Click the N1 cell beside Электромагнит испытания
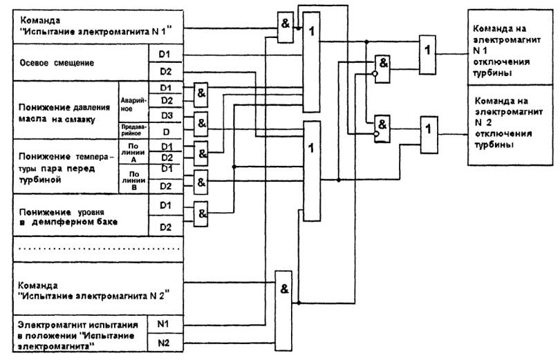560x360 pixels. click(167, 323)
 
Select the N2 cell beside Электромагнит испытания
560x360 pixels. click(167, 342)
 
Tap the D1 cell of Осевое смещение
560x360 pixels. click(167, 54)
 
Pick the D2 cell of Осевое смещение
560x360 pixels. click(167, 71)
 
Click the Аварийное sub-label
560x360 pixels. click(130, 101)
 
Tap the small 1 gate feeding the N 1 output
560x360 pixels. click(429, 51)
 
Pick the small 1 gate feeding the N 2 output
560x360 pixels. click(429, 129)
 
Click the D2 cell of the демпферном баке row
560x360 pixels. click(167, 226)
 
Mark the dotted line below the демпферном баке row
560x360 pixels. click(97, 247)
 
